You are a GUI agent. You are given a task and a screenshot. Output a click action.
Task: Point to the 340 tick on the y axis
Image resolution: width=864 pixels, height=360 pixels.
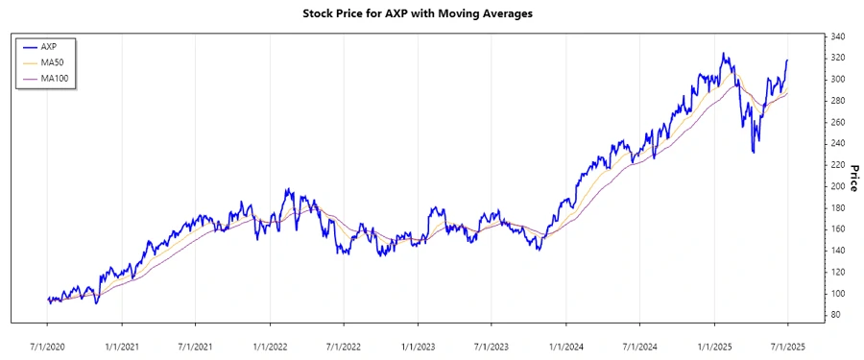836,36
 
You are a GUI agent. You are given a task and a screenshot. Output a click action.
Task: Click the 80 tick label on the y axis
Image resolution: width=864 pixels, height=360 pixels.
834,315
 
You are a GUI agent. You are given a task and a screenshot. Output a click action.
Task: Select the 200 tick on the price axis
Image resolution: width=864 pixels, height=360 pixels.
836,186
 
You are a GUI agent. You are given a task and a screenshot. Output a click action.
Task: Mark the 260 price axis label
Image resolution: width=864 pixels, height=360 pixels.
836,122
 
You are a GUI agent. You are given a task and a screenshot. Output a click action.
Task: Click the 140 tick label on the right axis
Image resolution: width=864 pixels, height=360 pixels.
836,251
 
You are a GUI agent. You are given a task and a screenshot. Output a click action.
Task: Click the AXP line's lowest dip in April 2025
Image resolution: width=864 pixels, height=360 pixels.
753,151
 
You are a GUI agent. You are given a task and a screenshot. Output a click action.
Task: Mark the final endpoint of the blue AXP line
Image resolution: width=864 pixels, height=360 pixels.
787,60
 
